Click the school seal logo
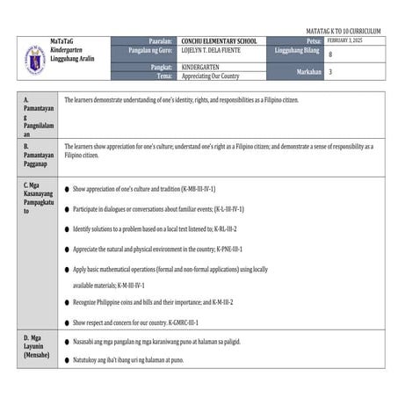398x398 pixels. (33, 59)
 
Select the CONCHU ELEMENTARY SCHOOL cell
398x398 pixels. (219, 41)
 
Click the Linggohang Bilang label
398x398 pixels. (298, 51)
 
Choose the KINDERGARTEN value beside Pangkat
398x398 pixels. (204, 67)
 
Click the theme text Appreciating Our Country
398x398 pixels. (210, 76)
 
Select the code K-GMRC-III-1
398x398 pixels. (210, 322)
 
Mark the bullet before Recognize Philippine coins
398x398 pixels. (67, 302)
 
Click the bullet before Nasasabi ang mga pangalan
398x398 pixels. (67, 342)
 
